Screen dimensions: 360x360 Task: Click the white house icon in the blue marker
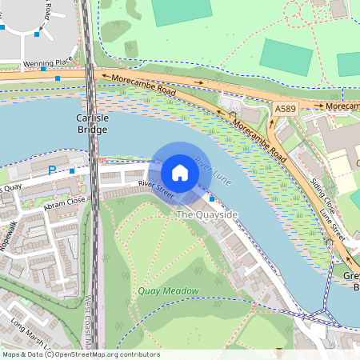coord(180,172)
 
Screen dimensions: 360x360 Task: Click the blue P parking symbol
coord(53,170)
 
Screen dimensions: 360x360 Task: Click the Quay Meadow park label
coord(167,290)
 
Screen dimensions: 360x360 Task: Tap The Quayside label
coord(206,215)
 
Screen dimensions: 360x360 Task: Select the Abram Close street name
coord(66,203)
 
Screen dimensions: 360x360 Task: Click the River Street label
coord(155,190)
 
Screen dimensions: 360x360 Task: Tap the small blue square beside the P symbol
coord(72,170)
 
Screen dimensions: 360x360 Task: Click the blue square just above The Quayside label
coord(211,198)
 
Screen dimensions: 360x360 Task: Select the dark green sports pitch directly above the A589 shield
coord(286,57)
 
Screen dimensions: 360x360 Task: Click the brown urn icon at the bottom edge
coord(278,352)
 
